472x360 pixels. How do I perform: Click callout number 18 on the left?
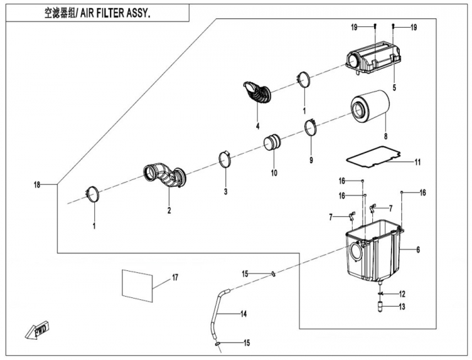(x=37, y=184)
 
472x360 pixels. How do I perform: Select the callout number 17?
(x=174, y=277)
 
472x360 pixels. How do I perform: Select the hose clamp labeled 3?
(x=225, y=162)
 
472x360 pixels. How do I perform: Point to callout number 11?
(x=417, y=162)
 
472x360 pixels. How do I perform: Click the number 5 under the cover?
(x=394, y=87)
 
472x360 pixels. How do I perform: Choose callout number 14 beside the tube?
(x=244, y=314)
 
